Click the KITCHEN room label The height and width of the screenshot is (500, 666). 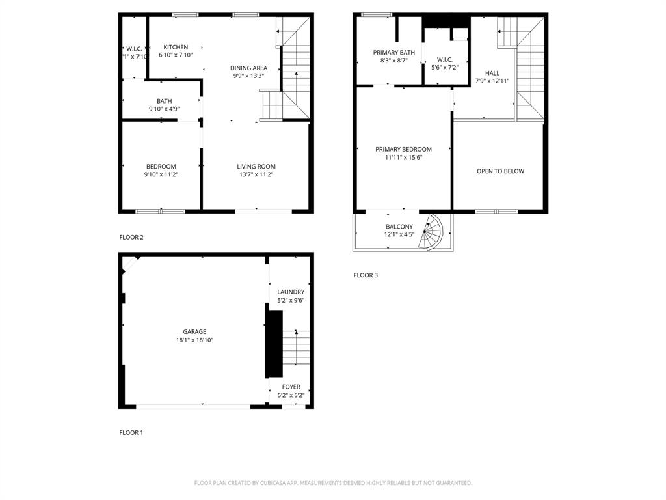[176, 47]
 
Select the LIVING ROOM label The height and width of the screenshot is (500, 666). [256, 167]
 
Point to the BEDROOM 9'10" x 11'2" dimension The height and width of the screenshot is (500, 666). [161, 174]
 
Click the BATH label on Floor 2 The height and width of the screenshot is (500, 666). [164, 101]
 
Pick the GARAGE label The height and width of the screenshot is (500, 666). [194, 332]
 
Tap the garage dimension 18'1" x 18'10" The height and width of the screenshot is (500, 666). [194, 340]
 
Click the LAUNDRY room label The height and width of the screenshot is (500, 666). [291, 292]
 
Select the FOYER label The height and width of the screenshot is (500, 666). [291, 387]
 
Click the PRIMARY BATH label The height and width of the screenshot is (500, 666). [393, 53]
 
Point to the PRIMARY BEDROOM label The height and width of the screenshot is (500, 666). [403, 150]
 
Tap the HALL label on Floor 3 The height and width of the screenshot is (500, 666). [492, 73]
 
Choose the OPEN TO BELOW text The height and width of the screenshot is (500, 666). [500, 171]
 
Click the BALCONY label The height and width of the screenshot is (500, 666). [399, 227]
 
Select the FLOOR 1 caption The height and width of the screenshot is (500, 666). [131, 433]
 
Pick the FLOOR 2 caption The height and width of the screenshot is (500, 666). [131, 238]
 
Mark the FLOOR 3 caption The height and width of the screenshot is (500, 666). [366, 275]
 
